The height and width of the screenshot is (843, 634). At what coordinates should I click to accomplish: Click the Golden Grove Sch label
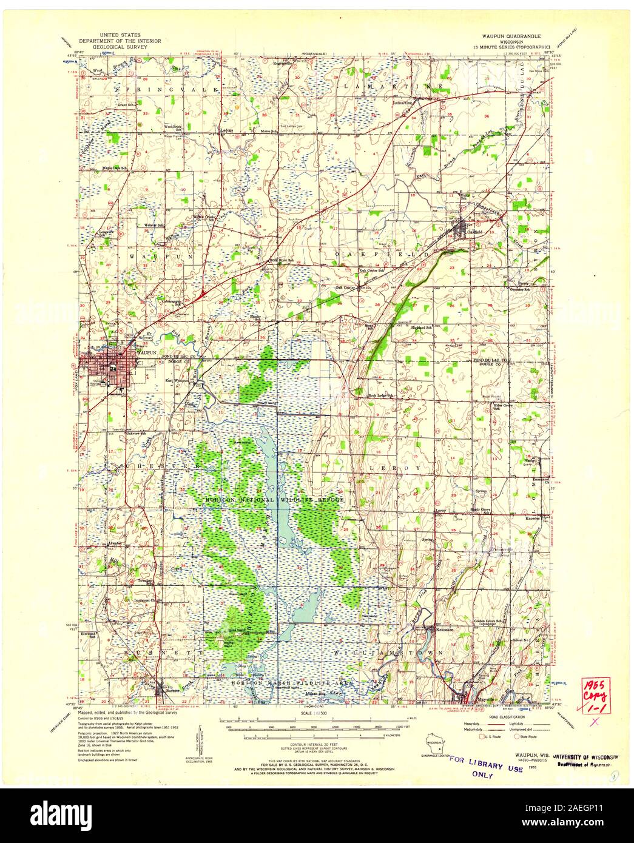pos(485,622)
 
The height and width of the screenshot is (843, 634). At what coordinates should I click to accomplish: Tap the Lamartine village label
pos(405,103)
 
